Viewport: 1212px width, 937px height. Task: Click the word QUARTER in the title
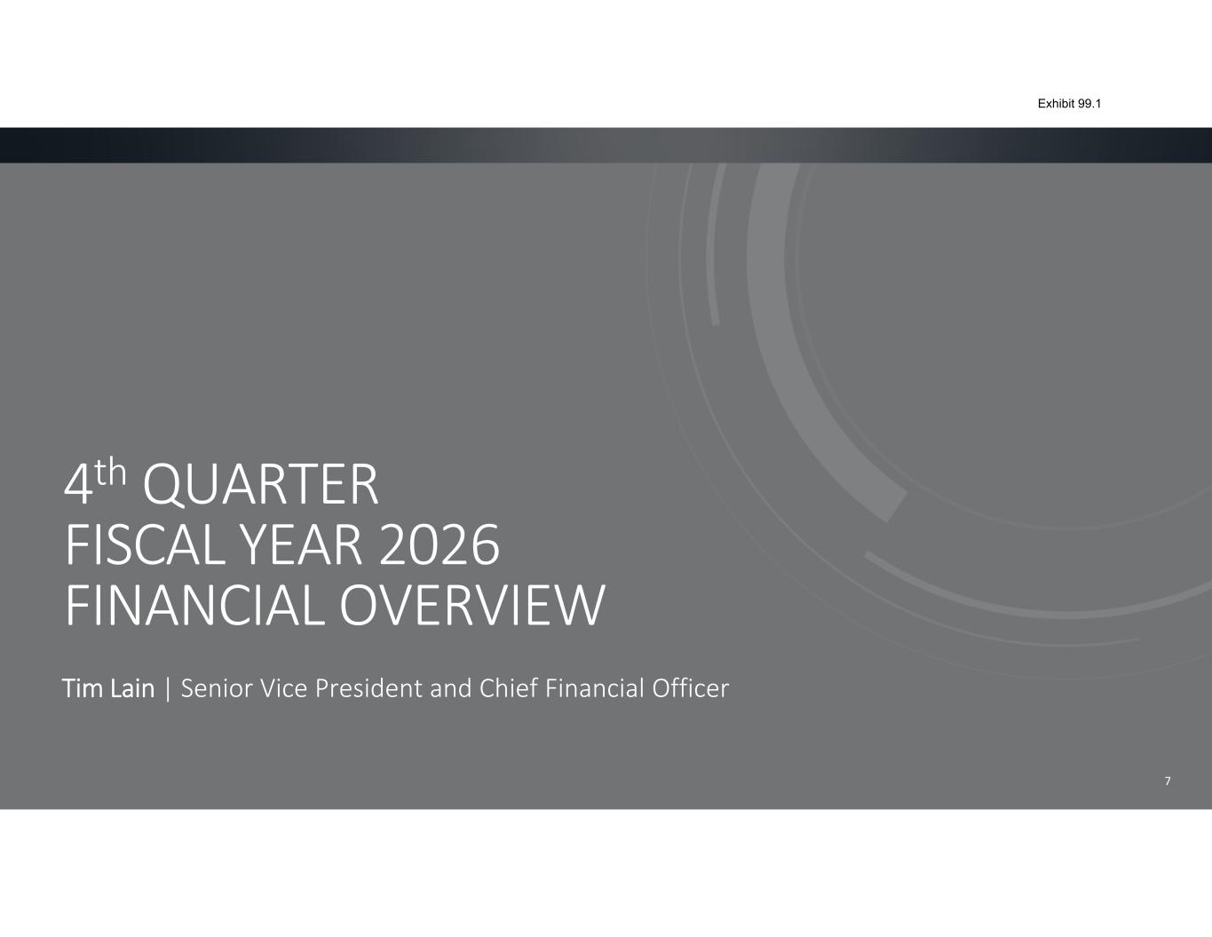tap(261, 485)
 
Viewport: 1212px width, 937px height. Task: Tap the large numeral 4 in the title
tap(78, 485)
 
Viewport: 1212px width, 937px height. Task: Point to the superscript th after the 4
tap(110, 472)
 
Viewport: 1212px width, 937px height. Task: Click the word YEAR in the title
tap(301, 545)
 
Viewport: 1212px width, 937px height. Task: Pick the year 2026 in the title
tap(440, 545)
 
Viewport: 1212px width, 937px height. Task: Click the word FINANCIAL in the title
tap(195, 605)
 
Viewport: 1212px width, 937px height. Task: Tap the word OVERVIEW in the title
tap(472, 605)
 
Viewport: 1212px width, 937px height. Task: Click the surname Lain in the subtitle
tap(132, 688)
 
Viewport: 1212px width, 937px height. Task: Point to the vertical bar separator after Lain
tap(168, 689)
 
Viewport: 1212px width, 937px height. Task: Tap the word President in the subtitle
tap(368, 688)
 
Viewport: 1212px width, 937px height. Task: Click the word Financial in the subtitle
tap(595, 688)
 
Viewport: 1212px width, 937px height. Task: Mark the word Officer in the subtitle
tap(690, 688)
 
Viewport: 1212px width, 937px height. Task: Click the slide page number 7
tap(1168, 782)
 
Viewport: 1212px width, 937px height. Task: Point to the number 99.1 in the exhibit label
tap(1089, 104)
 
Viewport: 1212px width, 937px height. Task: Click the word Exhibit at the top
tap(1056, 104)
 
